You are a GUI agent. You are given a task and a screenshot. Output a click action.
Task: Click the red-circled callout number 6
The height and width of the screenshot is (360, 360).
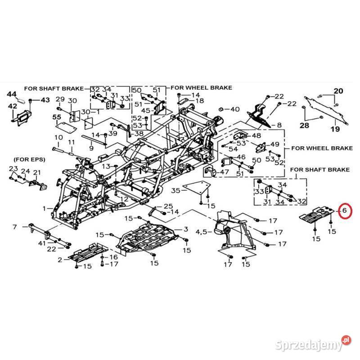(345, 210)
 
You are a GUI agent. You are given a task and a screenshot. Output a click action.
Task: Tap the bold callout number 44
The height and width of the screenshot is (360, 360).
(12, 94)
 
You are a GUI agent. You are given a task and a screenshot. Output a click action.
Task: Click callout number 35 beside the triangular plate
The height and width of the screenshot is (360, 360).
(175, 190)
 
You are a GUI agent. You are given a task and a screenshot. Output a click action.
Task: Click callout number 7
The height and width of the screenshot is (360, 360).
(15, 227)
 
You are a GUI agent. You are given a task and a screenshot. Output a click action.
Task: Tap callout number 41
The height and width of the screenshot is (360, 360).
(42, 243)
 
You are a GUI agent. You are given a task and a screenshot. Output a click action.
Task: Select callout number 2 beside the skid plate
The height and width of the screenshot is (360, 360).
(60, 260)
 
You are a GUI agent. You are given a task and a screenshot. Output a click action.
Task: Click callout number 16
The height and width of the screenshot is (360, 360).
(114, 256)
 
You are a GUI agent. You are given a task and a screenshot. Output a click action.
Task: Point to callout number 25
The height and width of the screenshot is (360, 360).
(168, 206)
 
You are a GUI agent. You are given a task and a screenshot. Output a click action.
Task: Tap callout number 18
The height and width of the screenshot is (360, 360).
(199, 101)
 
